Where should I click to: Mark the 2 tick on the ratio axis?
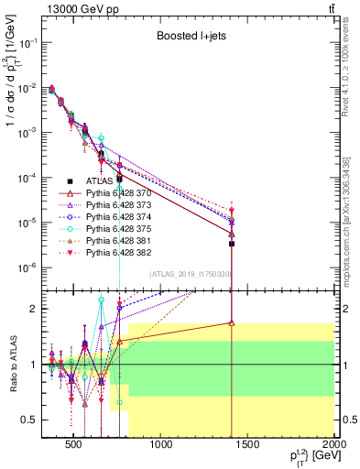(x=32, y=309)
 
